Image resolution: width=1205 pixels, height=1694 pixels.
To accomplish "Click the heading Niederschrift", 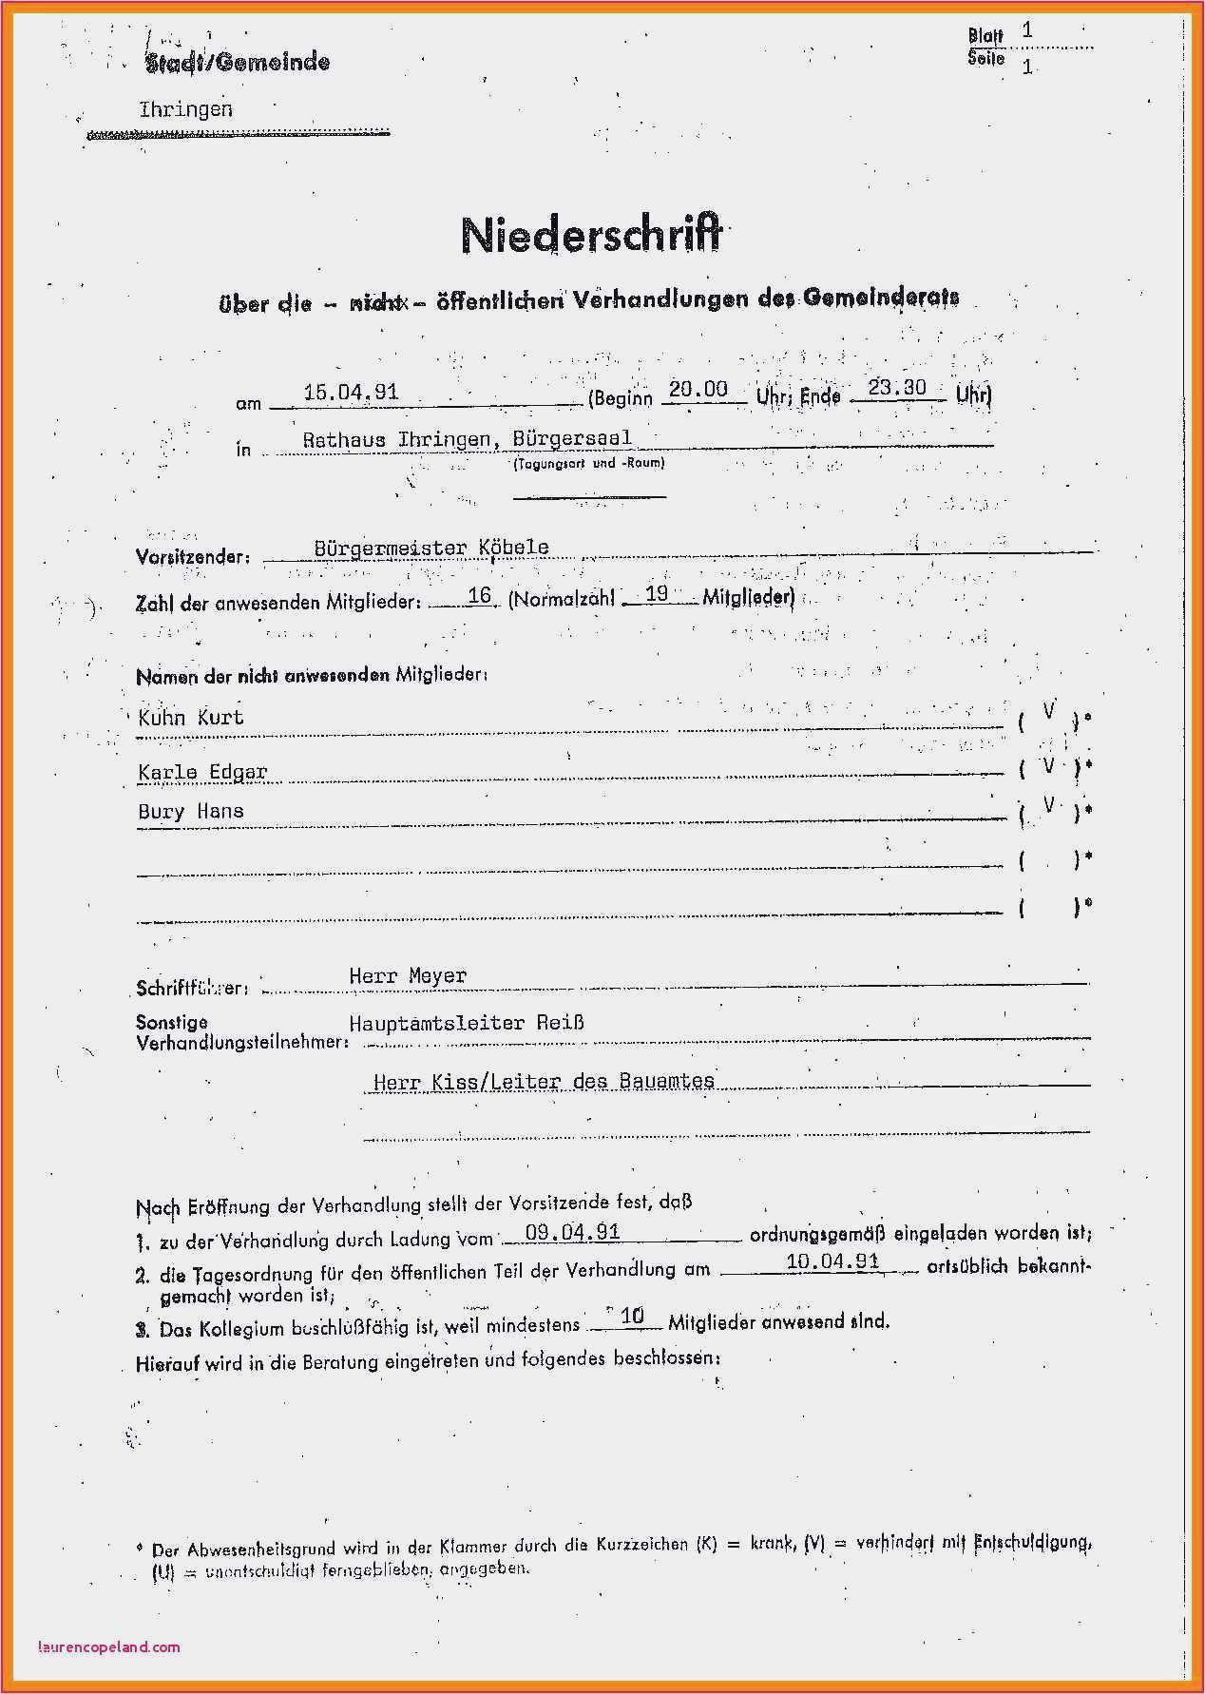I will click(591, 236).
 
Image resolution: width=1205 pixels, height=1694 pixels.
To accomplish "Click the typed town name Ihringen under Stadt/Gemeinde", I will click(185, 109).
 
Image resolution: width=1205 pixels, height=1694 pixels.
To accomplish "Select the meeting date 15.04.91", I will click(350, 392).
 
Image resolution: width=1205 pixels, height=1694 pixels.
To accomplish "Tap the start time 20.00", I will click(698, 389).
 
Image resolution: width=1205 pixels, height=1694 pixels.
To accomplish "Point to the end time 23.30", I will click(897, 387).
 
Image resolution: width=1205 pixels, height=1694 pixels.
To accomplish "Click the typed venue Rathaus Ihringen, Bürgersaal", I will click(467, 439).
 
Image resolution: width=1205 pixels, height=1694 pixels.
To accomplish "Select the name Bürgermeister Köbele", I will click(431, 548).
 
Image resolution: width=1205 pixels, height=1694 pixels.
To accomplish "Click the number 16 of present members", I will click(479, 595).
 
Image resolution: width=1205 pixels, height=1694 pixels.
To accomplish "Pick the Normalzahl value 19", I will click(657, 593).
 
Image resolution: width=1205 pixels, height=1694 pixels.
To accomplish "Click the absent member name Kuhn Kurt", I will click(190, 717).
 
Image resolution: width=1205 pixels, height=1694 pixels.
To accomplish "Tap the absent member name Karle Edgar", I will click(202, 771).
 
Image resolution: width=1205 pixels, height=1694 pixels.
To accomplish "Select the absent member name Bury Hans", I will click(190, 811).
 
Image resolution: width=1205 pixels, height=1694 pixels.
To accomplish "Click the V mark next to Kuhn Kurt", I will click(1048, 710).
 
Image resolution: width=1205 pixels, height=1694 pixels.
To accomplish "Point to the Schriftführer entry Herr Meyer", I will click(408, 975).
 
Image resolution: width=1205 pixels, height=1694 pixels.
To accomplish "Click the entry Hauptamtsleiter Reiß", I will click(466, 1023).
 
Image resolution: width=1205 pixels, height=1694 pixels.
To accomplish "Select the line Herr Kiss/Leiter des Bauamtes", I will click(544, 1081).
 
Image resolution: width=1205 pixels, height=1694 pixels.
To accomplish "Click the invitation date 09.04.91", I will click(572, 1232).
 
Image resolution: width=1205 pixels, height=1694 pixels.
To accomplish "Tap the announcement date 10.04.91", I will click(832, 1261).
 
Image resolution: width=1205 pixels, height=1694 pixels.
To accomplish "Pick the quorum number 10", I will click(632, 1316).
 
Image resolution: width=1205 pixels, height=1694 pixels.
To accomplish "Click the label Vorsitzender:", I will click(193, 557).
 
